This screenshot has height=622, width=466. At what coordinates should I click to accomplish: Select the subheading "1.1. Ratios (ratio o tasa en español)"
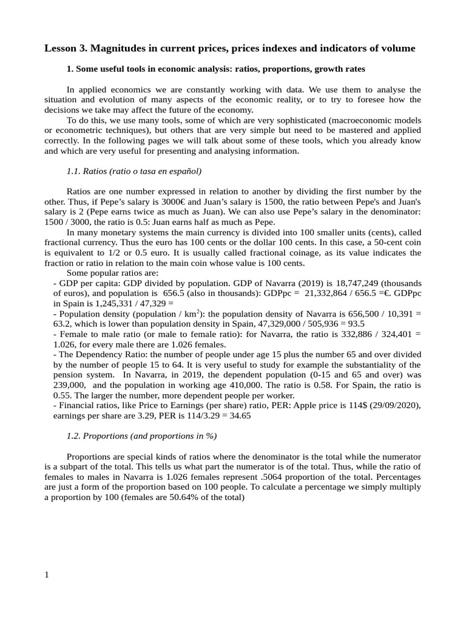133,171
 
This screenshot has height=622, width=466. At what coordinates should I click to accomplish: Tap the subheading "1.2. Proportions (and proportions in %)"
141,436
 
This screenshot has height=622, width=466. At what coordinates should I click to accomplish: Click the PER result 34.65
238,415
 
